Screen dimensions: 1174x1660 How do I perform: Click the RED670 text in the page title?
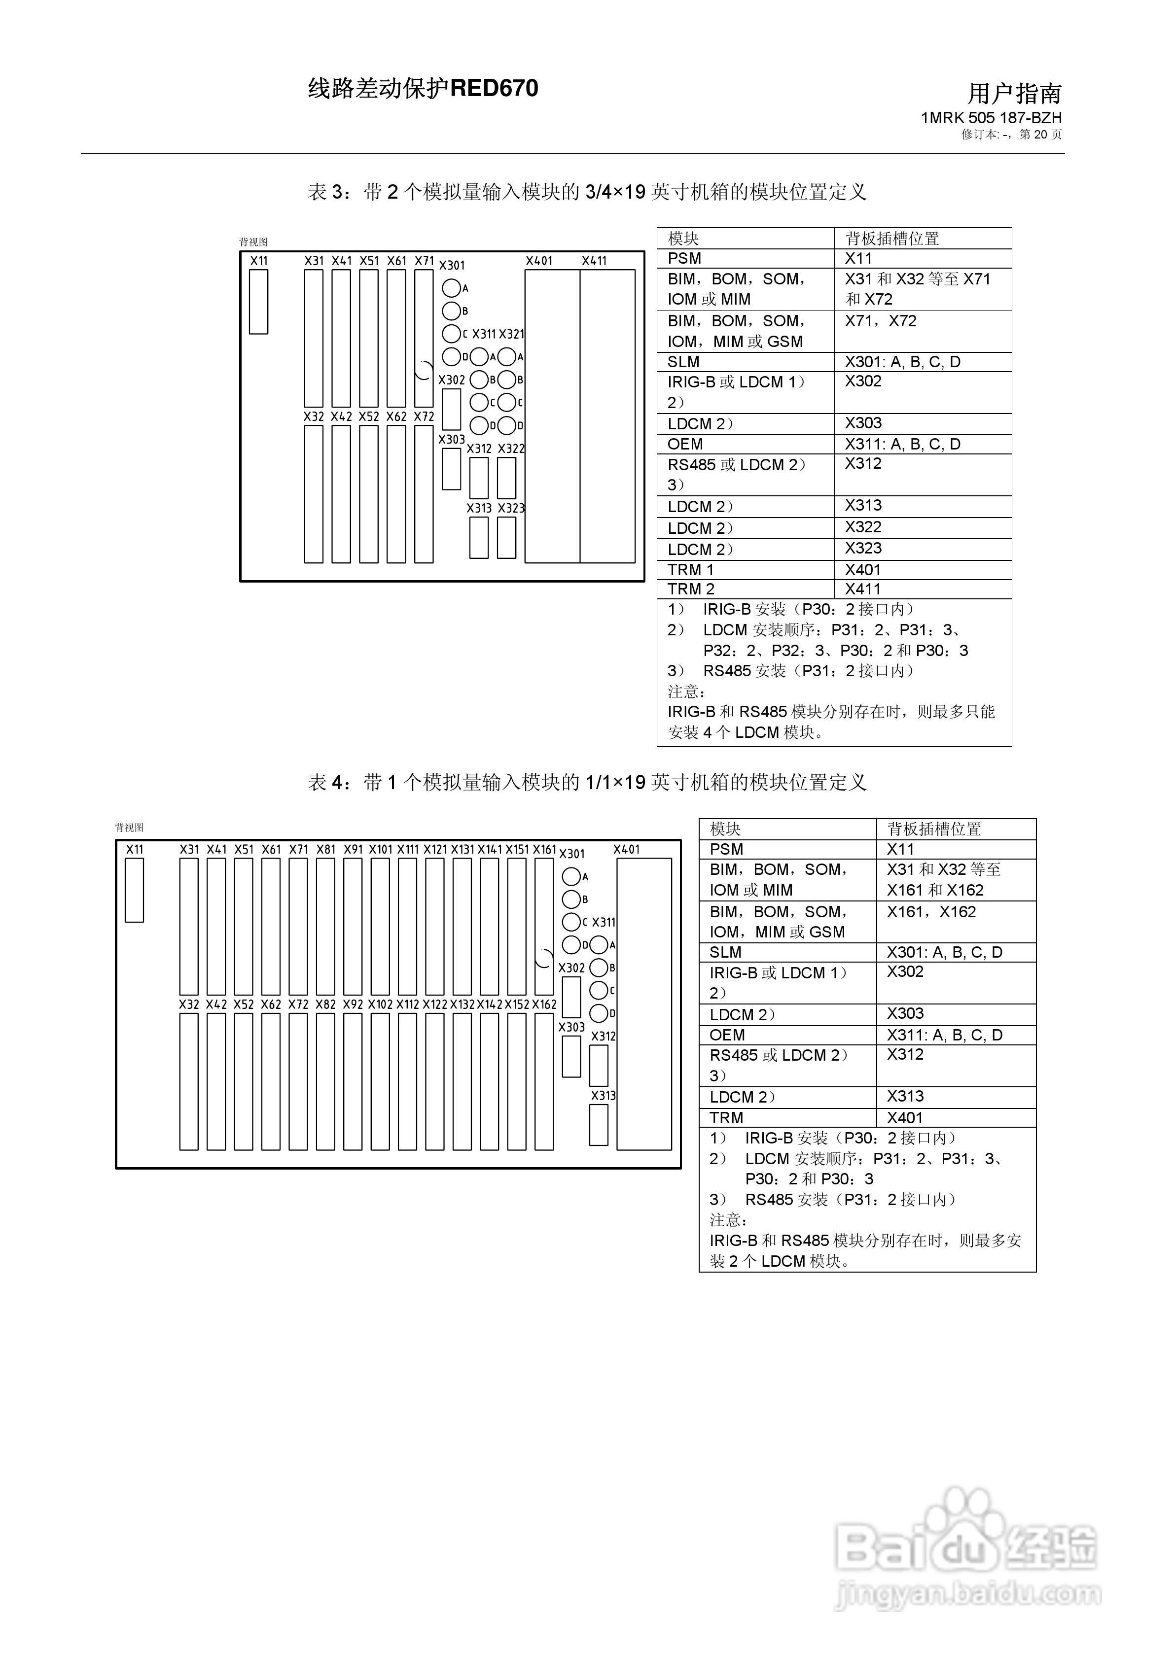pyautogui.click(x=494, y=88)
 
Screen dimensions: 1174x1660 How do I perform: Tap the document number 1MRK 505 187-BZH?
pyautogui.click(x=991, y=118)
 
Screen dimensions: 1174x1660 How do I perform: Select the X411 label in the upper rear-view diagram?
pyautogui.click(x=594, y=261)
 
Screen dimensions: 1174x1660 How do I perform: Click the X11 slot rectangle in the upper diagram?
pyautogui.click(x=258, y=302)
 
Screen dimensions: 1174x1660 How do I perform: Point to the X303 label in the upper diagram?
pyautogui.click(x=451, y=439)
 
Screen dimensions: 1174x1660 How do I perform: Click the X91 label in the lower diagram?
pyautogui.click(x=353, y=850)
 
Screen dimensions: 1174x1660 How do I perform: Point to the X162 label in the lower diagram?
pyautogui.click(x=544, y=1004)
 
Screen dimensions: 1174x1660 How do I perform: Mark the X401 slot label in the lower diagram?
pyautogui.click(x=626, y=850)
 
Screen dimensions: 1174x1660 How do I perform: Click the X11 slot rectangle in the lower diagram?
pyautogui.click(x=134, y=890)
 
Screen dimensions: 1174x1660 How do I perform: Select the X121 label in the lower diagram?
pyautogui.click(x=435, y=850)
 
